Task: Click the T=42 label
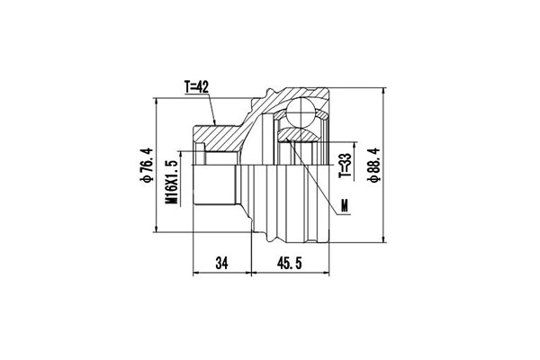pyautogui.click(x=196, y=87)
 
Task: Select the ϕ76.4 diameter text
pyautogui.click(x=143, y=166)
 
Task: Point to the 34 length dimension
pyautogui.click(x=220, y=263)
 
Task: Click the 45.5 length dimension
pyautogui.click(x=290, y=263)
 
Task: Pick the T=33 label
pyautogui.click(x=343, y=168)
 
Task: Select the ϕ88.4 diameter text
pyautogui.click(x=372, y=166)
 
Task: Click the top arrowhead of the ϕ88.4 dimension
pyautogui.click(x=384, y=93)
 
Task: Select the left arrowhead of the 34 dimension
pyautogui.click(x=195, y=273)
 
